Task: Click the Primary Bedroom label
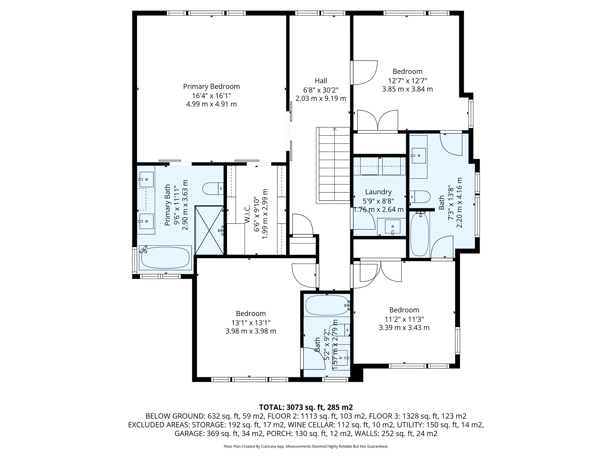tap(211, 87)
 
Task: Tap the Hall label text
tap(321, 81)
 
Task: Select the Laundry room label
tap(378, 192)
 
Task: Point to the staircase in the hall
tap(333, 165)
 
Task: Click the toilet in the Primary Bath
tap(213, 189)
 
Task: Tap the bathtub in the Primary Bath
tap(165, 257)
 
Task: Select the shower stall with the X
tap(209, 230)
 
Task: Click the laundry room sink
tap(391, 227)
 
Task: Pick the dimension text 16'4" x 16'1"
tap(212, 96)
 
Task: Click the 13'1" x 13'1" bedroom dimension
tap(251, 323)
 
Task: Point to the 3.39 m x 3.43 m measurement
tap(404, 328)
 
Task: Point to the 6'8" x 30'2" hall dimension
tap(321, 90)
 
